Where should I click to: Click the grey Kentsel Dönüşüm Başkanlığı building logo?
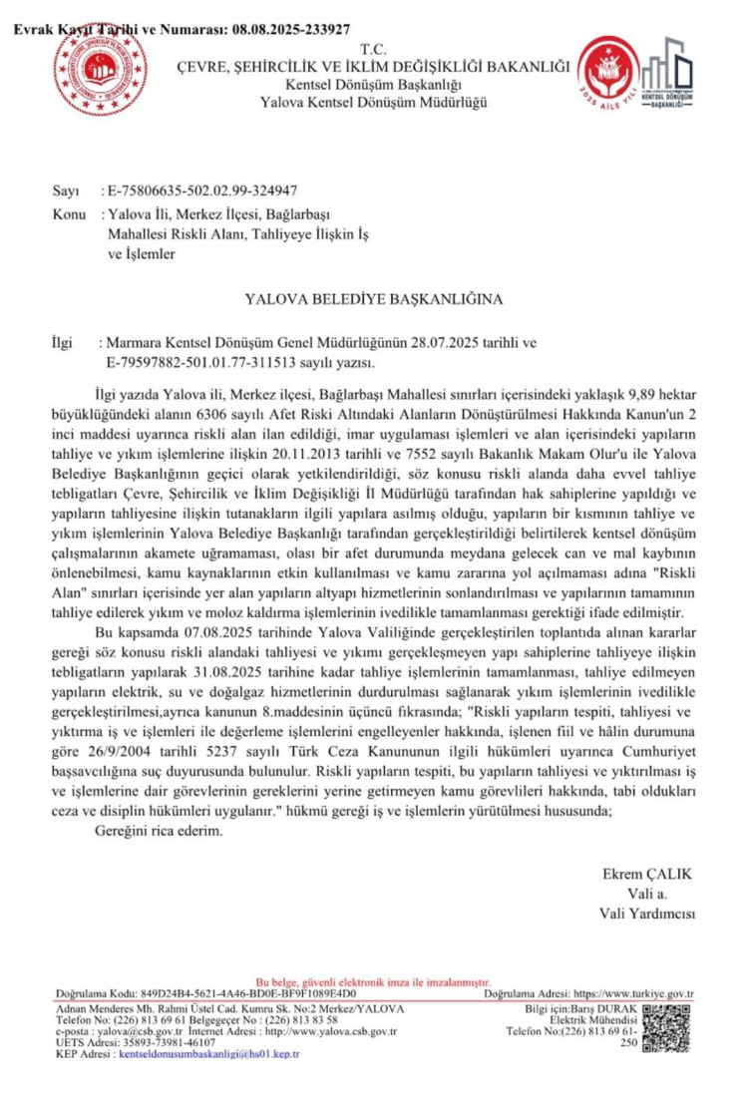[671, 75]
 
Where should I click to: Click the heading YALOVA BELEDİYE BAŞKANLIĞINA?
[374, 298]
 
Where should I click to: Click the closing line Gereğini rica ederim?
[159, 830]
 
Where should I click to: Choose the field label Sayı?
[66, 189]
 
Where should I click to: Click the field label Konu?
[68, 214]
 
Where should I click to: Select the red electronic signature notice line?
[373, 982]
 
